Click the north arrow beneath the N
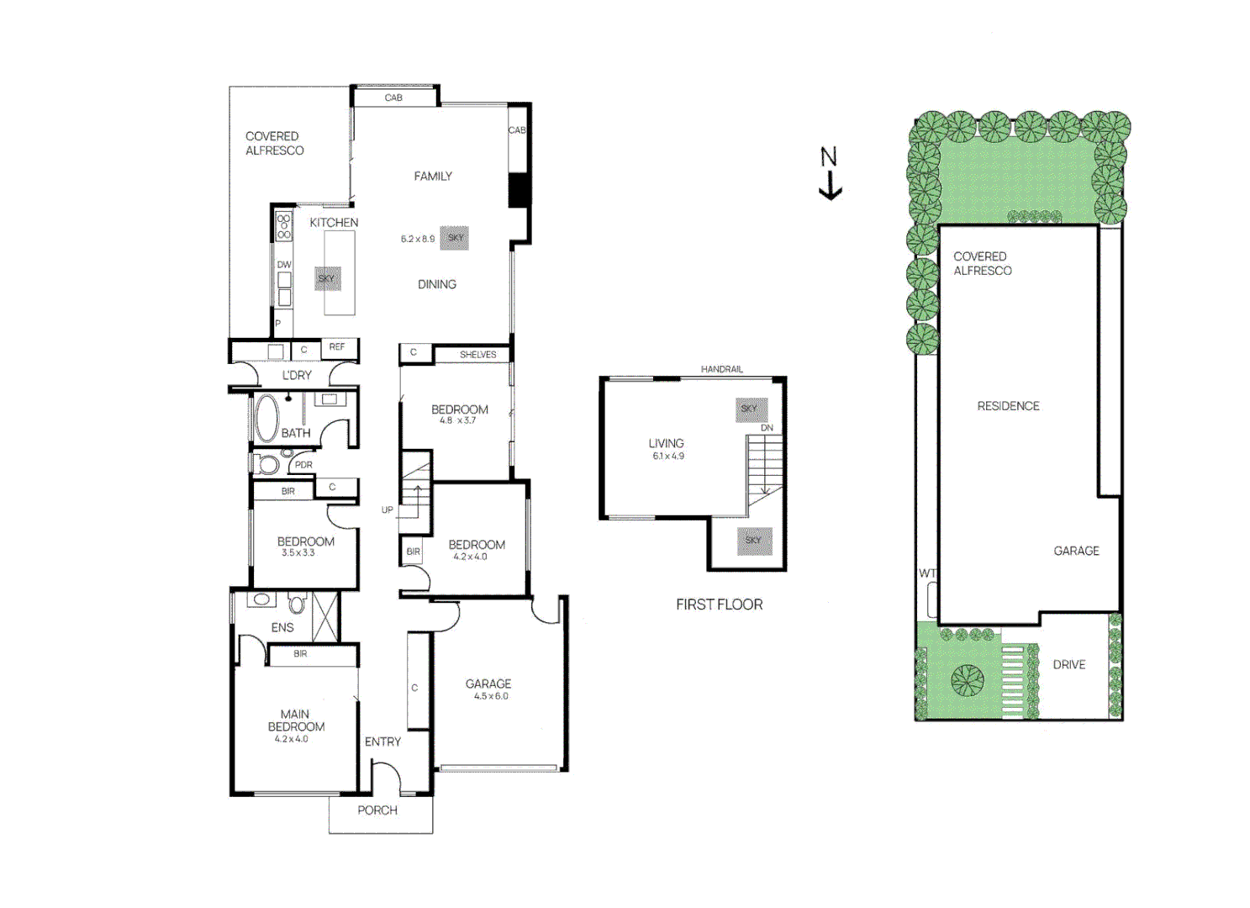tap(830, 186)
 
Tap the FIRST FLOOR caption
tap(719, 604)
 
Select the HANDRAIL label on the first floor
tap(721, 369)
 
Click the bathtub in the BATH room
tap(266, 419)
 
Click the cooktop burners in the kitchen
tap(284, 227)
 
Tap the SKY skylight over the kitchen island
tap(327, 278)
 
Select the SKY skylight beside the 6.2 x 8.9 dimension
tap(455, 238)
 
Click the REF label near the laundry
tap(336, 347)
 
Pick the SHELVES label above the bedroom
tap(477, 355)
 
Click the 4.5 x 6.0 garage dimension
tap(491, 696)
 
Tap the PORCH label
tap(377, 810)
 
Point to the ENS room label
tap(282, 627)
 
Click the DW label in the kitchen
tap(284, 265)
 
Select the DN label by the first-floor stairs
tap(767, 428)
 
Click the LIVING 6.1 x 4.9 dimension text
tap(668, 456)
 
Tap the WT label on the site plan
tap(927, 573)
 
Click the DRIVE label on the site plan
tap(1068, 665)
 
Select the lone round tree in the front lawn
tap(967, 681)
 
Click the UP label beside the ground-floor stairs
tap(388, 509)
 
